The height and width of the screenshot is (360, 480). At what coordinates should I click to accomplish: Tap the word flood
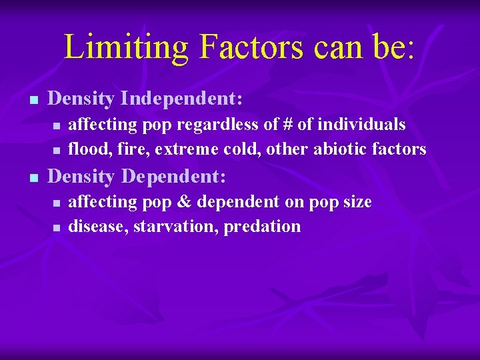[x=85, y=149]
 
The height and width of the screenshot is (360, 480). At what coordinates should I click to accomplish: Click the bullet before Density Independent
[x=31, y=100]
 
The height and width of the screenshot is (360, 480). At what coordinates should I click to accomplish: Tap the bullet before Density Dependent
[x=31, y=178]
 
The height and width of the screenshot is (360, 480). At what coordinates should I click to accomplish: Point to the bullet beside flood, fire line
[x=57, y=150]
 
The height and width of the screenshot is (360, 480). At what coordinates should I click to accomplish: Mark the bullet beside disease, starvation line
[x=57, y=227]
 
